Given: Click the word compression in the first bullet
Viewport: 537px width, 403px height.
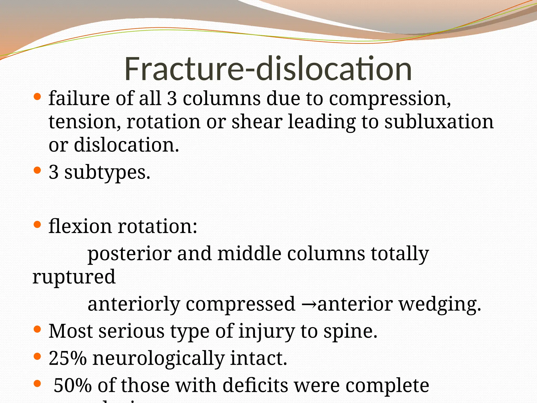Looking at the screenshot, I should pos(390,99).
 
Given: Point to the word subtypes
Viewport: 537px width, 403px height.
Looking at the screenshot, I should pos(107,173).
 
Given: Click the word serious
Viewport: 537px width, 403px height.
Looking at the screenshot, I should pos(132,331).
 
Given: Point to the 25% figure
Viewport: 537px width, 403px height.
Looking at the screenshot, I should pos(68,358).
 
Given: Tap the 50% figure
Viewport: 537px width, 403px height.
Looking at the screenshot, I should pos(73,385).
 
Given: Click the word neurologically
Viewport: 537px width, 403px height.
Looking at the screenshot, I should pos(158,358).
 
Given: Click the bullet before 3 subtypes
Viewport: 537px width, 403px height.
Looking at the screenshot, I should pos(37,171).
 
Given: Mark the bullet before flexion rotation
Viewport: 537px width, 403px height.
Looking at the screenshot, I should pos(37,224).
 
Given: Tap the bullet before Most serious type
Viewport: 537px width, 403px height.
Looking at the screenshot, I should pos(37,329).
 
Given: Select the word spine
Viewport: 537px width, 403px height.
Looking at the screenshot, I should pos(350,331).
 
